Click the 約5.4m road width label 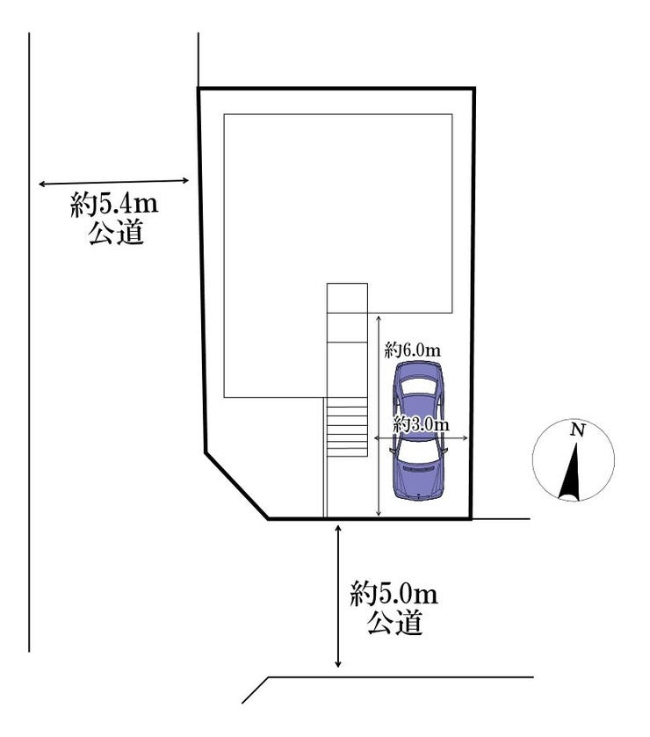click(x=114, y=205)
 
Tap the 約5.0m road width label click(x=394, y=595)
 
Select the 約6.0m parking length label click(x=412, y=350)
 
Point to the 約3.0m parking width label click(x=421, y=425)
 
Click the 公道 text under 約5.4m click(x=116, y=232)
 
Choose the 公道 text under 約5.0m click(x=394, y=623)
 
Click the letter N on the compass click(x=578, y=430)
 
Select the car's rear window click(x=417, y=387)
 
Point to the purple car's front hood click(x=418, y=480)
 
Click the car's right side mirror click(x=445, y=450)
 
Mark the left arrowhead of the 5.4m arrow click(x=42, y=184)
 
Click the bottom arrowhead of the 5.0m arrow click(x=337, y=663)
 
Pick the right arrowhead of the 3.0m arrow click(x=465, y=438)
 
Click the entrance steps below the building click(x=347, y=431)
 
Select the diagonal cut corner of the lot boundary click(x=236, y=486)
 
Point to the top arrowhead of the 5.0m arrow click(x=337, y=527)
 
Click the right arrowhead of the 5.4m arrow click(x=185, y=180)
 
